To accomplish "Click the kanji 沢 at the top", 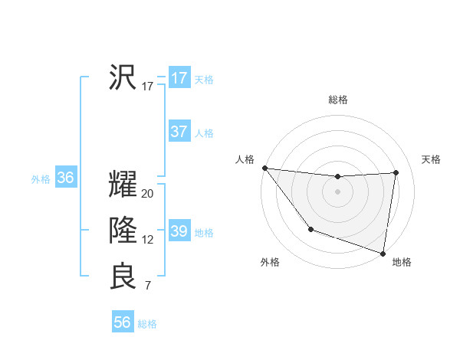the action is click(x=123, y=77).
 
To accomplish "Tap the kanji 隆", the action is click(x=123, y=231).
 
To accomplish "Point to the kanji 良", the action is click(x=123, y=277).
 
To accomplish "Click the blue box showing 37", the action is click(x=179, y=132).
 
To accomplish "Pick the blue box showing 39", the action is click(x=179, y=231).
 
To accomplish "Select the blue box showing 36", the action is click(x=65, y=178).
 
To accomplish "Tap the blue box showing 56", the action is click(x=123, y=322).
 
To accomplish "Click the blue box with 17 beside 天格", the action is click(x=179, y=78).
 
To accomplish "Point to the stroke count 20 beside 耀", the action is click(x=148, y=194).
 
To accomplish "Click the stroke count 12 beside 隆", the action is click(x=148, y=240).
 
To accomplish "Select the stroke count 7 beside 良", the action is click(x=148, y=286).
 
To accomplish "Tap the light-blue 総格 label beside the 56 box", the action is click(x=147, y=324).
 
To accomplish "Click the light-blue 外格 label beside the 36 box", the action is click(x=41, y=179).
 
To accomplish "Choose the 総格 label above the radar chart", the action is click(x=337, y=100).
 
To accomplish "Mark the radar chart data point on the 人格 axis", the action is click(x=264, y=168).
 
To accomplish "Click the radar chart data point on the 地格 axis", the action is click(x=383, y=253).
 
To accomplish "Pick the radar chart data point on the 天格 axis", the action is click(x=396, y=172).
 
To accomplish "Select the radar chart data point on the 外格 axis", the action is click(x=310, y=229).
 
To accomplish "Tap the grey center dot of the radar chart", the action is click(x=337, y=191).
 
